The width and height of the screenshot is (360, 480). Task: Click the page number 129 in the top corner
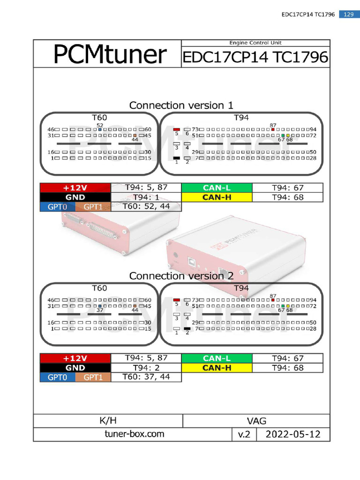348,15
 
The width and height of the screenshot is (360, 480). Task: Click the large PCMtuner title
109,55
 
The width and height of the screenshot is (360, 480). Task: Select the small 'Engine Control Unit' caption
255,43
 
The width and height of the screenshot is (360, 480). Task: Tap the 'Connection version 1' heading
181,105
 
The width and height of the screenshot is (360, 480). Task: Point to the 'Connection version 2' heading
181,276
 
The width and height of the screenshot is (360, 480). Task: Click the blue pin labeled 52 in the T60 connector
100,129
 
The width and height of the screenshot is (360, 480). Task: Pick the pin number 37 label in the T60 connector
100,310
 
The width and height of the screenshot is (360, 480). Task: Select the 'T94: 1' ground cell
146,197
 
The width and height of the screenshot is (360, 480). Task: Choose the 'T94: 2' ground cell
146,368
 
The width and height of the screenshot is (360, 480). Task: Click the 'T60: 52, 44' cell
146,206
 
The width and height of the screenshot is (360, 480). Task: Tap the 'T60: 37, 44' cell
146,377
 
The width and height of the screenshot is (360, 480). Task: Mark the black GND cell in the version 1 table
75,197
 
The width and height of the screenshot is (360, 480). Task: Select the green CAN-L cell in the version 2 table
217,359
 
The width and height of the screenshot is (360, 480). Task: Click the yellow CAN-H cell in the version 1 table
217,197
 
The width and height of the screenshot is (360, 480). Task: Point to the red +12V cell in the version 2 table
75,359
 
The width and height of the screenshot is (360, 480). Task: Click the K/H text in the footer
108,420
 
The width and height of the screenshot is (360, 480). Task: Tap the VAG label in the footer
256,421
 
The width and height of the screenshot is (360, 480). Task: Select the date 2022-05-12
293,434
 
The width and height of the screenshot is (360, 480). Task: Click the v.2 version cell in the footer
244,435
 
